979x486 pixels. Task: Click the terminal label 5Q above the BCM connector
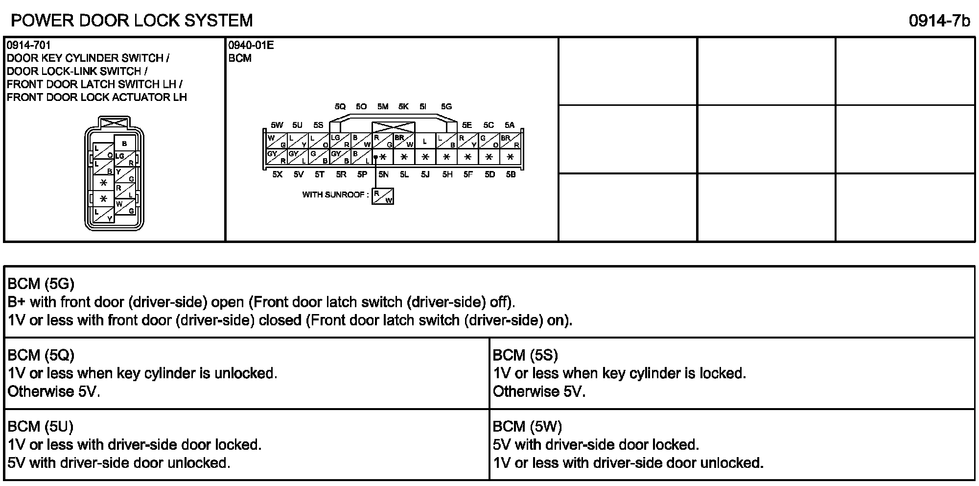tap(340, 106)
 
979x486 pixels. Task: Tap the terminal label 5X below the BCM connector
tap(277, 174)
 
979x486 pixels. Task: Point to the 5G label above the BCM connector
tap(446, 106)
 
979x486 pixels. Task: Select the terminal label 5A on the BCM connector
tap(510, 125)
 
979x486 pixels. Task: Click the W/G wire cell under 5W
tap(277, 141)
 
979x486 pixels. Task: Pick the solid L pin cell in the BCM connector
tap(425, 141)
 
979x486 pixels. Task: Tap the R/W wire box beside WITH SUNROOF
tap(383, 196)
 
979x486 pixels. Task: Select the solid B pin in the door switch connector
tap(124, 143)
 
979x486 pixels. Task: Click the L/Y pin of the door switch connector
tap(103, 215)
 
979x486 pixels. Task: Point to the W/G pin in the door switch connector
tap(125, 207)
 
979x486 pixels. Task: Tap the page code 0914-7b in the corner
tap(939, 21)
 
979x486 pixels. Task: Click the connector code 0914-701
tap(28, 46)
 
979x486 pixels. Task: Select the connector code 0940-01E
tap(251, 46)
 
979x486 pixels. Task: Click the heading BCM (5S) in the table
tap(525, 355)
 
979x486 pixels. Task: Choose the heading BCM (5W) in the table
tap(527, 426)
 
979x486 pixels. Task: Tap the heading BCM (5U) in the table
tap(41, 426)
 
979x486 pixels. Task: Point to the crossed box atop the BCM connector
tap(393, 127)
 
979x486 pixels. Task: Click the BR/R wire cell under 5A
tap(510, 141)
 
